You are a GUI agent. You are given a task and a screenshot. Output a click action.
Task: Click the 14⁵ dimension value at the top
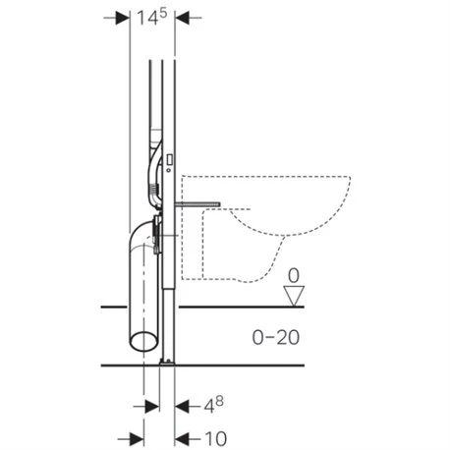pos(152,18)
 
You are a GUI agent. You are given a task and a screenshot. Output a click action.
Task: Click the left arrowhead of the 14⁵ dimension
pos(123,18)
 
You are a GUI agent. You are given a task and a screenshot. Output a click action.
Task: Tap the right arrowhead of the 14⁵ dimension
pos(182,18)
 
